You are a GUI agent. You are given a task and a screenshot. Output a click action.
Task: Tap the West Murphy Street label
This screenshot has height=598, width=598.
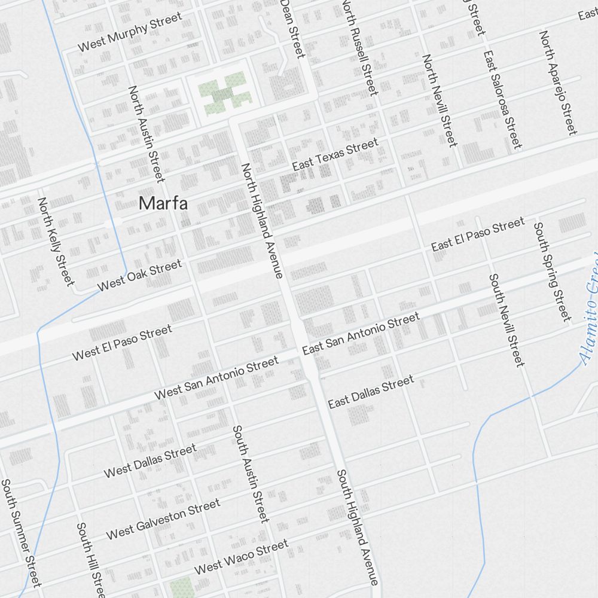coord(130,33)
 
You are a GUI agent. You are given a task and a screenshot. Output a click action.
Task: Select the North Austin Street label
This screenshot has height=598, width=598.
coord(146,133)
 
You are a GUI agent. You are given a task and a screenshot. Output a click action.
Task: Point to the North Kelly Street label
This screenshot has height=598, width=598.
coord(56,240)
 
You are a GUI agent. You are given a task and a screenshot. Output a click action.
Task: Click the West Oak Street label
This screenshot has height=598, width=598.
coord(139,275)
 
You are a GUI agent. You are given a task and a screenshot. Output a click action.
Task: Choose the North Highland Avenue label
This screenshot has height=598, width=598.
coord(261,221)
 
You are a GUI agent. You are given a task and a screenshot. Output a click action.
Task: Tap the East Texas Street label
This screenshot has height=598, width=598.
coord(335,154)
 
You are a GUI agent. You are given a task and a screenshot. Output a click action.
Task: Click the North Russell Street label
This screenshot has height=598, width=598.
coord(360,47)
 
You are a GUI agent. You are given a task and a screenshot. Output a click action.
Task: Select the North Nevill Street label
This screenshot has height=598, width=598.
coord(440,100)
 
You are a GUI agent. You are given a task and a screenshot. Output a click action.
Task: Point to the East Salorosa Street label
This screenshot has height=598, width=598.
coord(503,99)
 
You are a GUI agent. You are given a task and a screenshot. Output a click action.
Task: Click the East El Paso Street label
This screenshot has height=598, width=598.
coord(478,234)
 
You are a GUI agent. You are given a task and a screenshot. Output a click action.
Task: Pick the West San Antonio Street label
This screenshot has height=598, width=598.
coord(216,378)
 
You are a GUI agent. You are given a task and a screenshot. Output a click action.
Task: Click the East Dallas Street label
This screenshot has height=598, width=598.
coord(371,392)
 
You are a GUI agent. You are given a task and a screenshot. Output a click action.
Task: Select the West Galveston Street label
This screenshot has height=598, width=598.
coord(163,519)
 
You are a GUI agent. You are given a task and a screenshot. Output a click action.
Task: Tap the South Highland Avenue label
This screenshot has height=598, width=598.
coord(358,527)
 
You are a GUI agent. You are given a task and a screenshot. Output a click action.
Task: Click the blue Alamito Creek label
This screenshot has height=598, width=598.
coord(590,311)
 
